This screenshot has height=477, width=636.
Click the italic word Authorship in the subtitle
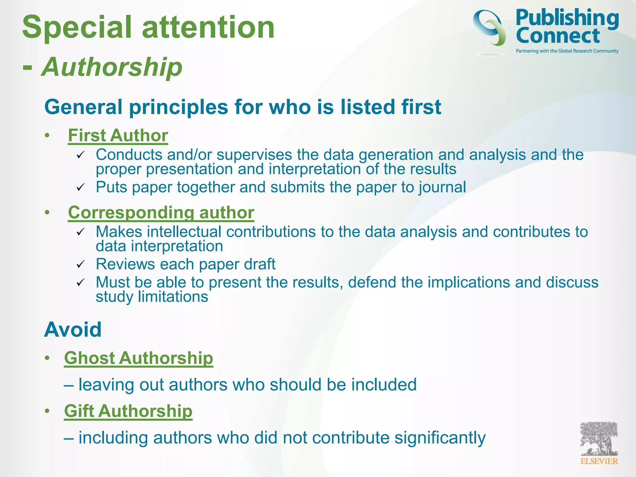click(x=112, y=67)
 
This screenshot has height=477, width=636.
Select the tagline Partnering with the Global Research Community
click(x=567, y=51)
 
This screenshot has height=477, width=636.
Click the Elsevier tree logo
click(x=599, y=443)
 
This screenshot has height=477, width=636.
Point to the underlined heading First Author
click(x=118, y=136)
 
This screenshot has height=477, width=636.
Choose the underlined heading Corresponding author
click(x=161, y=213)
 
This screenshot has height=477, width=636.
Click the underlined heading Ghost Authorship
click(x=139, y=358)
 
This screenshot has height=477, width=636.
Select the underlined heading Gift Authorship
click(x=128, y=411)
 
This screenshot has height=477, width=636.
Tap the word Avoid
click(x=73, y=329)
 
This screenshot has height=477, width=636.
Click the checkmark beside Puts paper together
click(x=81, y=187)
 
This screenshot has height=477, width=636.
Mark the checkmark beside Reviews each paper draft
click(x=81, y=264)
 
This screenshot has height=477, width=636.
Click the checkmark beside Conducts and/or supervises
click(x=81, y=155)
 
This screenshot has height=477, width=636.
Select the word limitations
click(x=173, y=297)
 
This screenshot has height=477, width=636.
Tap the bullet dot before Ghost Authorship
click(x=47, y=358)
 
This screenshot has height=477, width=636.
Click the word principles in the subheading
click(x=179, y=107)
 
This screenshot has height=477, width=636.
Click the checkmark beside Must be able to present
click(x=81, y=282)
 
